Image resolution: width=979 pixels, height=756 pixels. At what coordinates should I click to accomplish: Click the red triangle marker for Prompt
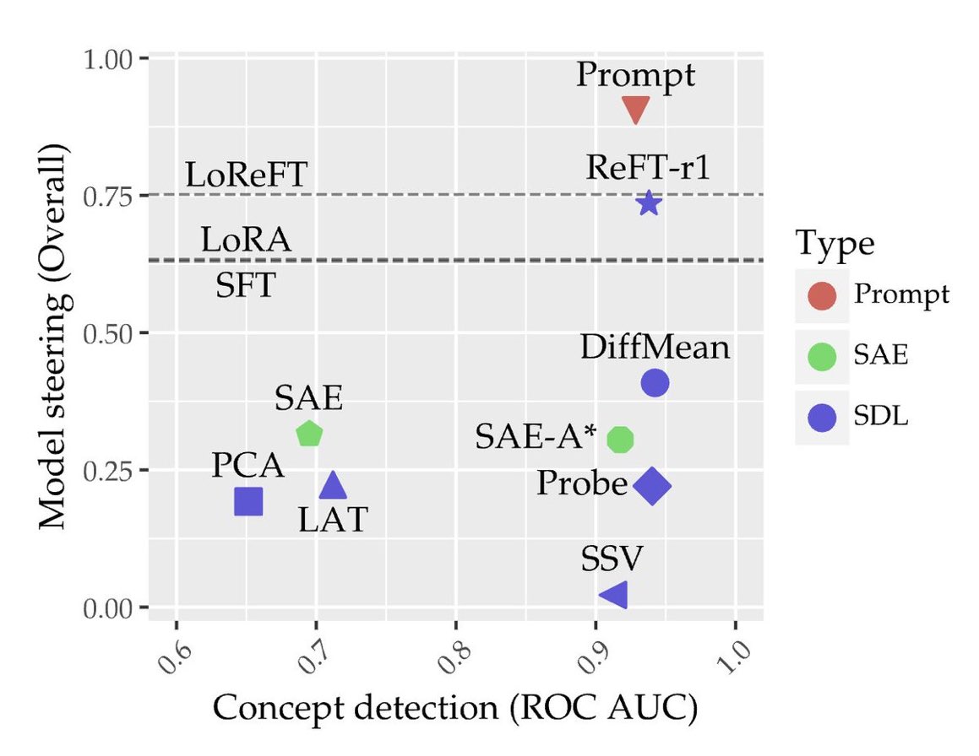635,108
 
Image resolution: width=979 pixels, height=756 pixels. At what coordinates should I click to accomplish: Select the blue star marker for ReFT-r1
649,202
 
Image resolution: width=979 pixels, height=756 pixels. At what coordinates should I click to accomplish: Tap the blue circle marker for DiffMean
655,382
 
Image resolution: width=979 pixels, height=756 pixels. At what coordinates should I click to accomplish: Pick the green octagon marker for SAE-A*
621,439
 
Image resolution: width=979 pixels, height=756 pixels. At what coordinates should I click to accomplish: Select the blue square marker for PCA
248,501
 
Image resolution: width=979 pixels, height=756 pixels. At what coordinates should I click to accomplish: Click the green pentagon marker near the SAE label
310,434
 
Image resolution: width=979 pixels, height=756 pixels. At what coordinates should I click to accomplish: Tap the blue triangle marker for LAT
333,485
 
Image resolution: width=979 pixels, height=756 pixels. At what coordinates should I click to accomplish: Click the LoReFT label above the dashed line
246,175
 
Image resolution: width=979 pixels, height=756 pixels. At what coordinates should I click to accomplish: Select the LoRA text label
246,240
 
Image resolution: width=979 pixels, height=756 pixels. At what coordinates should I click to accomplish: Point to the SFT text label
246,286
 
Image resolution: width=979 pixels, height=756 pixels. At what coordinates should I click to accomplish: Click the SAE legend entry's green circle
822,356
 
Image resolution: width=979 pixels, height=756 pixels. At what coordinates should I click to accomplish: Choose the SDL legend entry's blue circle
822,417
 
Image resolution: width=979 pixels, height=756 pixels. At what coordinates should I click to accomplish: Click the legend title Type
835,245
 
